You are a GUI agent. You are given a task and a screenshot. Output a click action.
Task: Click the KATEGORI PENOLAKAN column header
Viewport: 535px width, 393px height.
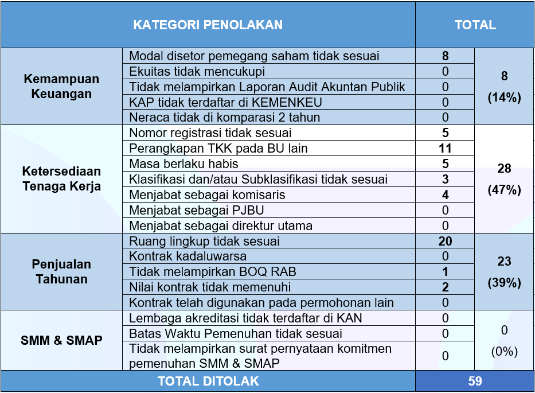[x=208, y=25]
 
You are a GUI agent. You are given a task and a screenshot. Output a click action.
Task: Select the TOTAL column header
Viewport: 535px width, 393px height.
[x=475, y=25]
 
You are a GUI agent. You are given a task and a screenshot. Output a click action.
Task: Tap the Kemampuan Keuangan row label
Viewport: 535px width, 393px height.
[x=61, y=87]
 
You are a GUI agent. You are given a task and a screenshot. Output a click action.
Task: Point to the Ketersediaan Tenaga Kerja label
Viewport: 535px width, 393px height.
[x=61, y=178]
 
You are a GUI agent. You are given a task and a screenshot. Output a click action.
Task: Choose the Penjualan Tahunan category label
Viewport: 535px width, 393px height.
[x=61, y=272]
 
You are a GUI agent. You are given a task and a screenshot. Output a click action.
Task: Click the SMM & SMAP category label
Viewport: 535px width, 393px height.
[x=61, y=340]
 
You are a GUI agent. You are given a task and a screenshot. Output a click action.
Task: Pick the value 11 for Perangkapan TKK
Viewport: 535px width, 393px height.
[x=445, y=149]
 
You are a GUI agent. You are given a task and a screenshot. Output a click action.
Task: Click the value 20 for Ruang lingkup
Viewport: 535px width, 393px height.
[x=445, y=242]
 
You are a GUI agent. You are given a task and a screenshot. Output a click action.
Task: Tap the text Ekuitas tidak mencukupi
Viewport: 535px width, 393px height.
[x=197, y=72]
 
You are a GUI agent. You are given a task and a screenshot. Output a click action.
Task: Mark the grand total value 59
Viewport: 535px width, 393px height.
[x=475, y=381]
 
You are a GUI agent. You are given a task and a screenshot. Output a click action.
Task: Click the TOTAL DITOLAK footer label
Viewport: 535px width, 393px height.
[x=208, y=381]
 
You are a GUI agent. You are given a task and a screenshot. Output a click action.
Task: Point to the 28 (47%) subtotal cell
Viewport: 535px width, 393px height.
[x=504, y=179]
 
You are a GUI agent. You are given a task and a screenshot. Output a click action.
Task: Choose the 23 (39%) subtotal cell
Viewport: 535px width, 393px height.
[x=504, y=272]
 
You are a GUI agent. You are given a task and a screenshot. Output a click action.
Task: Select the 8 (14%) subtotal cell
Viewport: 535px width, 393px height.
[x=504, y=87]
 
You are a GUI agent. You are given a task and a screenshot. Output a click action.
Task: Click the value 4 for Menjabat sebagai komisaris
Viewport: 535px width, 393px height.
[x=445, y=195]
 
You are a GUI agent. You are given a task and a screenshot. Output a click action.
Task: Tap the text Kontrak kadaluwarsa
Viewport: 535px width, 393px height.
[x=188, y=256]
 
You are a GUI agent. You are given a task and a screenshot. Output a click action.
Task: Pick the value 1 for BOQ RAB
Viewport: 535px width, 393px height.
[x=445, y=272]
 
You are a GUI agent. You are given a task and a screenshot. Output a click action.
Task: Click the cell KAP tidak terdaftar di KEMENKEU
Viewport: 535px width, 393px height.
[x=225, y=102]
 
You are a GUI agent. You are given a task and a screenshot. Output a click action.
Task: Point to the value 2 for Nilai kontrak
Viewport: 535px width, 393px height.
[x=445, y=287]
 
